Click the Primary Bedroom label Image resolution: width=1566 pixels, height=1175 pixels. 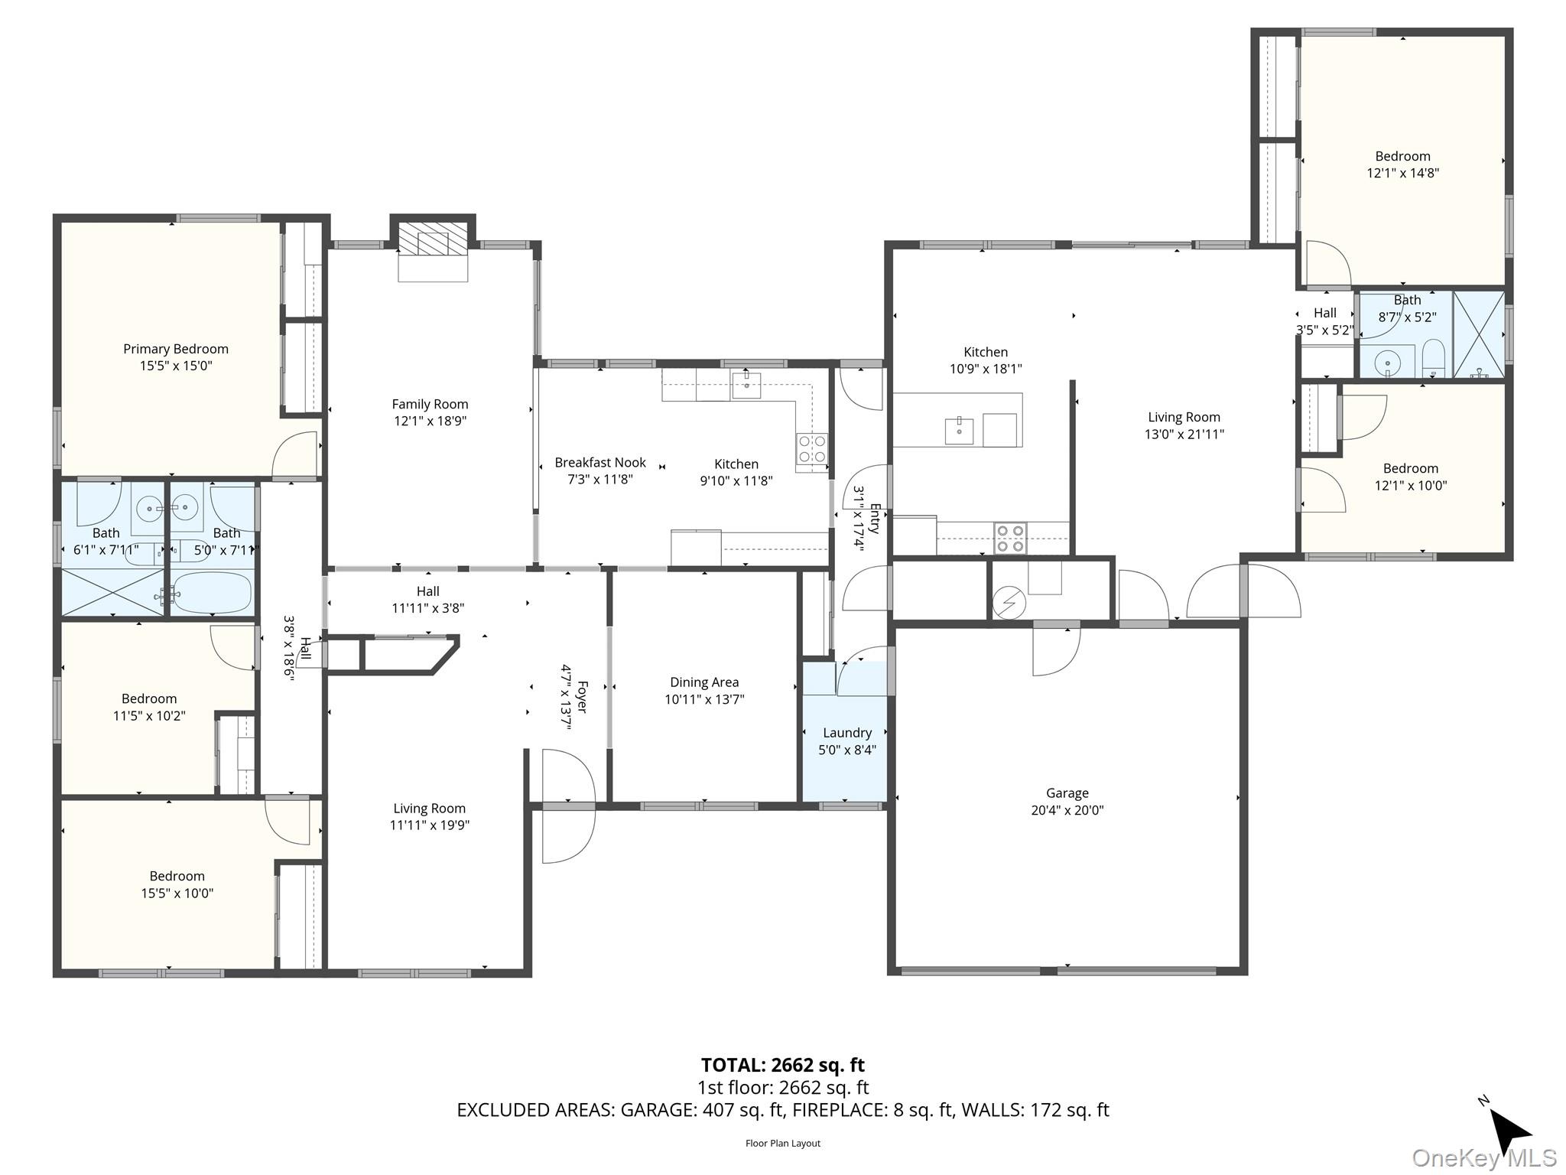point(176,349)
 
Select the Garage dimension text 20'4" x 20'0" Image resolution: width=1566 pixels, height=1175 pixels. point(1067,810)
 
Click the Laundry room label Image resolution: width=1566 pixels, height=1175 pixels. point(846,732)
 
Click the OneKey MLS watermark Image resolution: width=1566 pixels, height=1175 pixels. point(1483,1158)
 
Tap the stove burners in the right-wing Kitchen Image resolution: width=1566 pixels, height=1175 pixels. point(1009,538)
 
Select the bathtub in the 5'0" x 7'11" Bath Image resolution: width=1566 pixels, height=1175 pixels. point(212,593)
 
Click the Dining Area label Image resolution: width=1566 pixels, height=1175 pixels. point(703,682)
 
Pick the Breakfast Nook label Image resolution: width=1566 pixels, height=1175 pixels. point(599,462)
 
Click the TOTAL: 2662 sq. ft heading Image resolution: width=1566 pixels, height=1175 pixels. point(782,1065)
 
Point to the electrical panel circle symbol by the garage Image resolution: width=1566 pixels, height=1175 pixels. point(1009,604)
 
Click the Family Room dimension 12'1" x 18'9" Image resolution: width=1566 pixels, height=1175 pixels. point(430,421)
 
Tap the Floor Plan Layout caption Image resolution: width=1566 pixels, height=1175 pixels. point(782,1144)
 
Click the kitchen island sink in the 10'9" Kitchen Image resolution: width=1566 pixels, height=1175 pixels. point(959,431)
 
